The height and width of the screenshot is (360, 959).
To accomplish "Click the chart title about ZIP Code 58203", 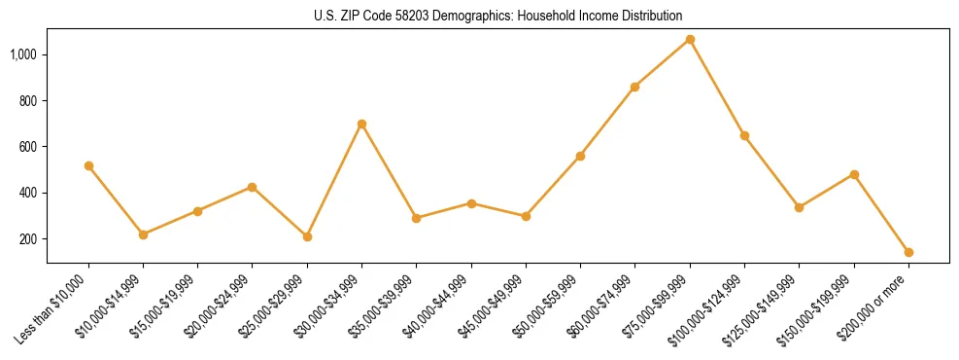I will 479,16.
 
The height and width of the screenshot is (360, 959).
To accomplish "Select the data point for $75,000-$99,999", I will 690,39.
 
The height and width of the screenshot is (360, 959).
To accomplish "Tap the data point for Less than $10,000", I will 88,165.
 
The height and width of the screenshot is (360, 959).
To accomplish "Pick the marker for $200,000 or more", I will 908,252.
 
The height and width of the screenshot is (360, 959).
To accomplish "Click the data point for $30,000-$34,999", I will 361,124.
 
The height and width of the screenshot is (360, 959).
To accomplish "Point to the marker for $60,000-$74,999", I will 634,87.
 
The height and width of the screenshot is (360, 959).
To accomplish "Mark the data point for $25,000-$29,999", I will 307,236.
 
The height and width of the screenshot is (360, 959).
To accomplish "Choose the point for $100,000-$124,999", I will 744,135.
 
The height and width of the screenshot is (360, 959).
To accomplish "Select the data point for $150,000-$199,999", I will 854,174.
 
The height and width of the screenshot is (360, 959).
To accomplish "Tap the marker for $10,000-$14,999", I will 143,234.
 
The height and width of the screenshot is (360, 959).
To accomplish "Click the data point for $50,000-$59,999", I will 580,156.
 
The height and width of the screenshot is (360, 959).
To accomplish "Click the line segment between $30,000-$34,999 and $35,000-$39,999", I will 389,171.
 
